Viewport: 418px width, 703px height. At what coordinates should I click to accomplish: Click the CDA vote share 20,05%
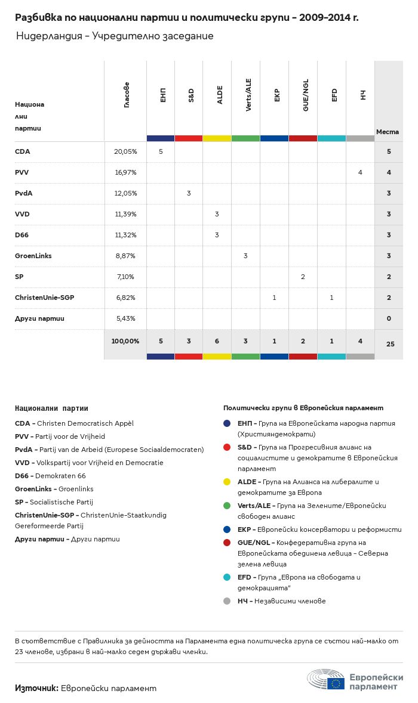pyautogui.click(x=125, y=151)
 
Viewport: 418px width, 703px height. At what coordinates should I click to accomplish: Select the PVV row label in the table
pyautogui.click(x=22, y=172)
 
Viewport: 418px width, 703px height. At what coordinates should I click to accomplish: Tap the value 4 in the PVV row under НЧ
pyautogui.click(x=360, y=172)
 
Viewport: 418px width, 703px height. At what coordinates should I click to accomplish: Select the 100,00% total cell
pyautogui.click(x=125, y=341)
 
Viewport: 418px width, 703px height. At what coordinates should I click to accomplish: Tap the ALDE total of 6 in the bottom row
pyautogui.click(x=217, y=341)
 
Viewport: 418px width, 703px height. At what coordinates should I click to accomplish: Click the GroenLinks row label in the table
pyautogui.click(x=33, y=256)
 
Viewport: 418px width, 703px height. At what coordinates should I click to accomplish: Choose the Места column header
pyautogui.click(x=388, y=132)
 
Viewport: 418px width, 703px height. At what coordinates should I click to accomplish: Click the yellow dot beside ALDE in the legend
pyautogui.click(x=227, y=482)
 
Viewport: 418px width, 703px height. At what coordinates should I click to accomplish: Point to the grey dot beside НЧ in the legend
pyautogui.click(x=227, y=601)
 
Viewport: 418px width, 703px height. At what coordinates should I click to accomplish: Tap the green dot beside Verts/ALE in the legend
pyautogui.click(x=227, y=506)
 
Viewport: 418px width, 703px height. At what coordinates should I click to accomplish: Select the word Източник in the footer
pyautogui.click(x=36, y=688)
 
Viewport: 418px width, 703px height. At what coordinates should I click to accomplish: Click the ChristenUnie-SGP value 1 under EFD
pyautogui.click(x=331, y=298)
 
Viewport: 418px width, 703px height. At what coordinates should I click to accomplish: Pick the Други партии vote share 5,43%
pyautogui.click(x=125, y=318)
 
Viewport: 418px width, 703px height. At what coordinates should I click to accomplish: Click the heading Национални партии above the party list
pyautogui.click(x=51, y=408)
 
